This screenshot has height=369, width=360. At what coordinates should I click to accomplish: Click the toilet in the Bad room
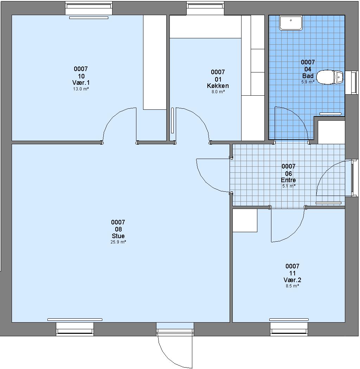(x=330, y=77)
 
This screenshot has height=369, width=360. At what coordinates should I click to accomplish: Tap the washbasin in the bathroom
(x=291, y=23)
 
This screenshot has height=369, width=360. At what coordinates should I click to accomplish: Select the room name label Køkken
(x=218, y=86)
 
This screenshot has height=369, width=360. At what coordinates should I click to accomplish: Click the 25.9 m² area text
(x=118, y=242)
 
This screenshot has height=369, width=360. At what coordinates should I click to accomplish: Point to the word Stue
(x=118, y=236)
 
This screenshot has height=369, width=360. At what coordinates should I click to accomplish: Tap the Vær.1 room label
(x=81, y=83)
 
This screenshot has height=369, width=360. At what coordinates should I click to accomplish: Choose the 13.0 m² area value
(x=81, y=89)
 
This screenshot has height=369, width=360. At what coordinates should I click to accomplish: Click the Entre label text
(x=289, y=180)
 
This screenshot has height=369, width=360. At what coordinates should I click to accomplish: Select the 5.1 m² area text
(x=289, y=186)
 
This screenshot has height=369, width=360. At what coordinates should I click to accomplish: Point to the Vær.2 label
(x=292, y=280)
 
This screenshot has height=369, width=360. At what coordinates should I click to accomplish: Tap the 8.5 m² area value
(x=292, y=286)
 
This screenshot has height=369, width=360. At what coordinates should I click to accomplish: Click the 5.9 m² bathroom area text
(x=308, y=82)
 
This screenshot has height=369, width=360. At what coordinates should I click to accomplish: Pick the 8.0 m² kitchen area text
(x=218, y=92)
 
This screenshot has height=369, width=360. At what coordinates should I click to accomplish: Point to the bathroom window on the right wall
(x=352, y=82)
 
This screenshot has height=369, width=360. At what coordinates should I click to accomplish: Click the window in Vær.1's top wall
(x=89, y=8)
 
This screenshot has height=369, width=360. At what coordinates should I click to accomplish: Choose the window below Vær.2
(x=289, y=329)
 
